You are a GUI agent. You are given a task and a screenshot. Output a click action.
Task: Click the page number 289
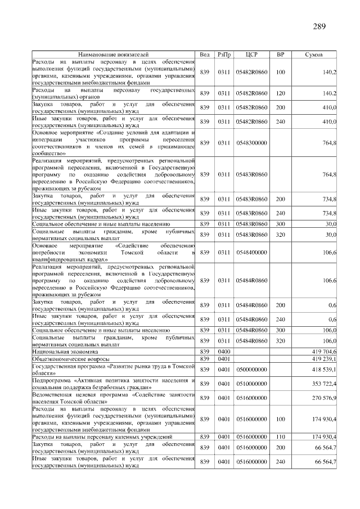(319, 26)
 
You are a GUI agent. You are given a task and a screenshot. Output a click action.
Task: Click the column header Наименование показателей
(114, 55)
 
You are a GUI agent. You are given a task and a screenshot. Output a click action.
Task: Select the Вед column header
(205, 55)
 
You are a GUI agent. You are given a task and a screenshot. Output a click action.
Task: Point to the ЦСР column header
(251, 55)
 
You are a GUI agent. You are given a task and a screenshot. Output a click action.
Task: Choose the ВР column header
(280, 55)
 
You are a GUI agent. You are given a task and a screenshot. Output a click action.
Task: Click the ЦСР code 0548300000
(251, 143)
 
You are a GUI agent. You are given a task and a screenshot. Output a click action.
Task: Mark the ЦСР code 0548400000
(251, 253)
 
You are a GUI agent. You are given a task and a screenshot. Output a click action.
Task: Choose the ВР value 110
(280, 436)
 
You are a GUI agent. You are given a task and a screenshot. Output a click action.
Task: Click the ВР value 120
(280, 93)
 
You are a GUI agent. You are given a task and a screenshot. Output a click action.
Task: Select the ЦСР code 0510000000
(251, 384)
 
